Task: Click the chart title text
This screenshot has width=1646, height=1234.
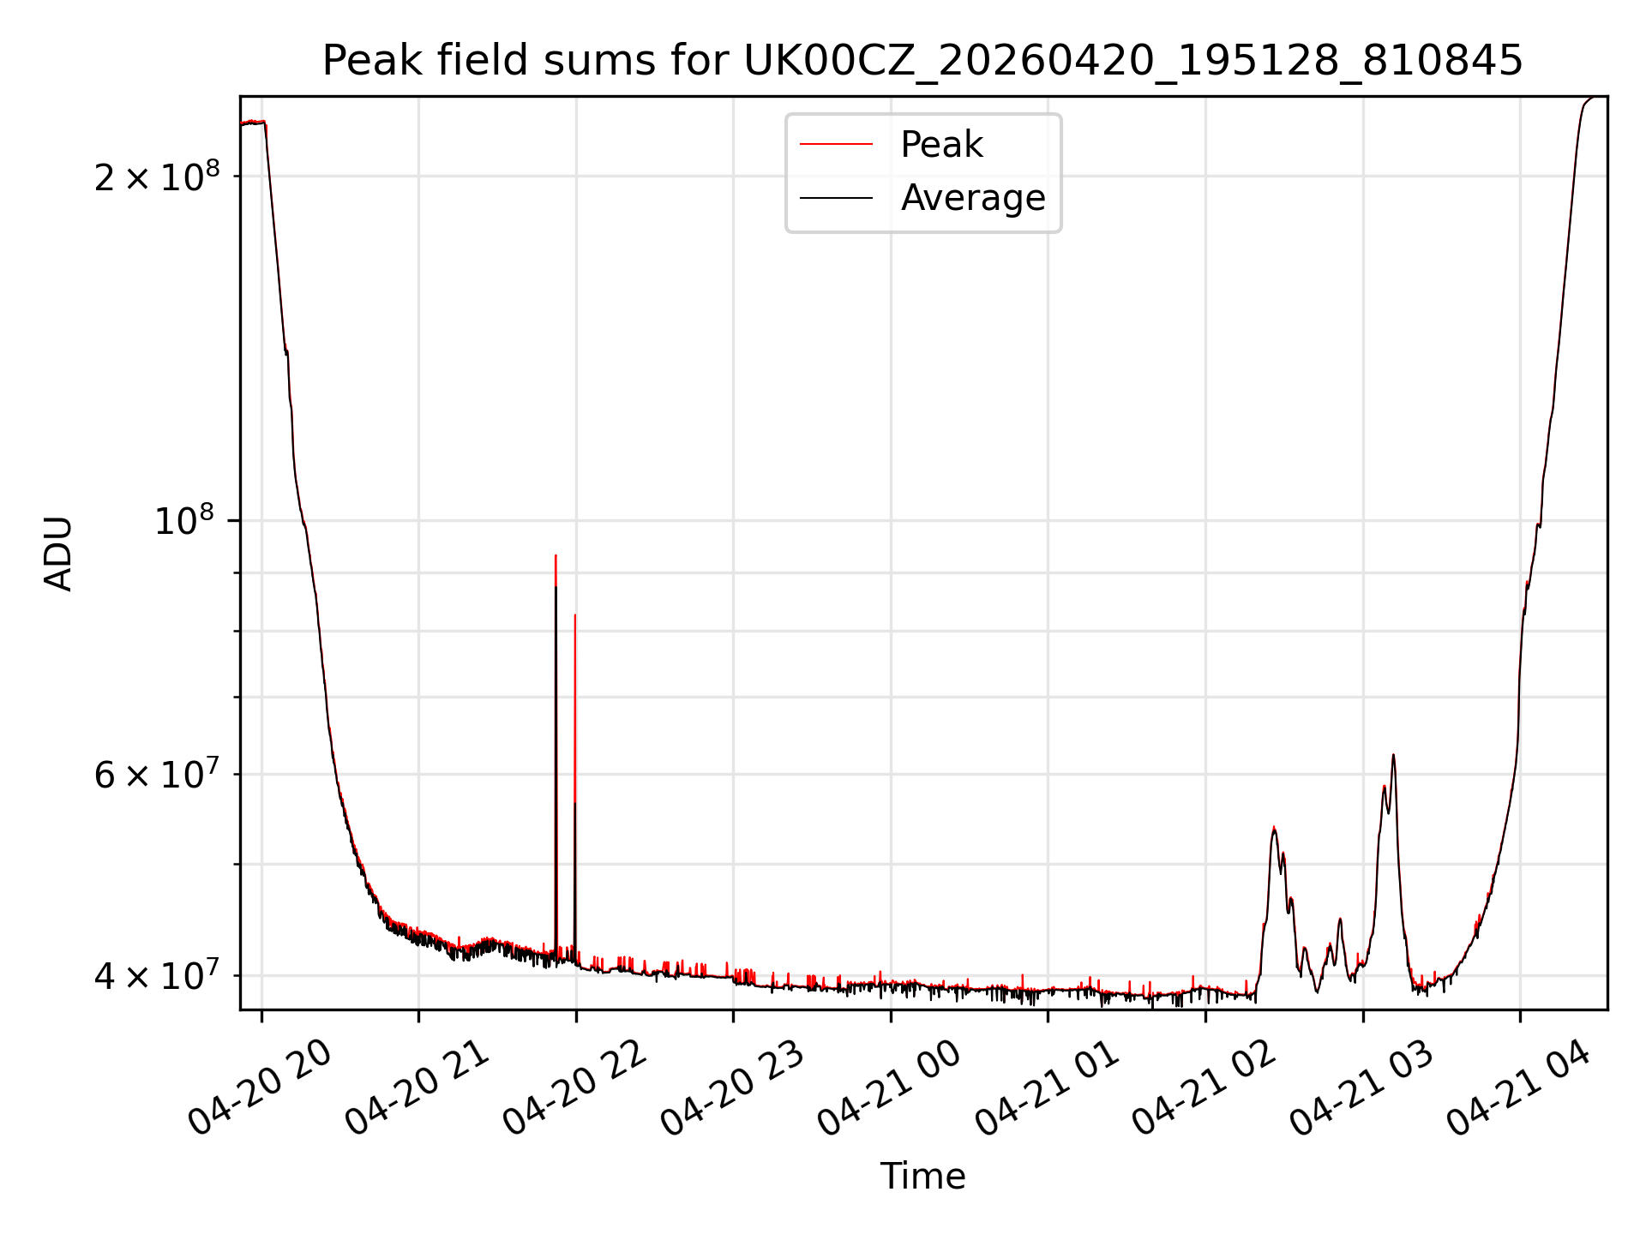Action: (922, 61)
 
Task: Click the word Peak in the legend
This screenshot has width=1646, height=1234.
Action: (941, 145)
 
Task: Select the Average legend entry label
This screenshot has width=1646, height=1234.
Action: (973, 198)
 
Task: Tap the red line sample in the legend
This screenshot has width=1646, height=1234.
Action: (836, 145)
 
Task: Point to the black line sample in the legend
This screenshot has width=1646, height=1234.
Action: (836, 198)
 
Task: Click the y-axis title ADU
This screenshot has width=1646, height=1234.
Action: (58, 553)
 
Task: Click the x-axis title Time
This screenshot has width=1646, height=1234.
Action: (922, 1177)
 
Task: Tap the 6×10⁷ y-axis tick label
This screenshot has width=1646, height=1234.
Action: (156, 774)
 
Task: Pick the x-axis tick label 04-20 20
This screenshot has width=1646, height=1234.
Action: (260, 1088)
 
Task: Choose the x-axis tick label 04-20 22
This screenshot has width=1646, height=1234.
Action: (574, 1088)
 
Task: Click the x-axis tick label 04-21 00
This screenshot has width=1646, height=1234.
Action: (889, 1088)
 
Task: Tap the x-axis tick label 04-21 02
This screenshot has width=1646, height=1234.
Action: (1204, 1088)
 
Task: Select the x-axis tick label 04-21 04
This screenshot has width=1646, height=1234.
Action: (1518, 1088)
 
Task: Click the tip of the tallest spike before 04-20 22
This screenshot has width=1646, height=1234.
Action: (556, 555)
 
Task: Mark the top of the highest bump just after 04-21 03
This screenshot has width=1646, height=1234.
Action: (1393, 755)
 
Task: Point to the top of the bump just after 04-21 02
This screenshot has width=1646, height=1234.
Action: (1274, 827)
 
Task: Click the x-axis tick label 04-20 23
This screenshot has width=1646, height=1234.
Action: (732, 1088)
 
